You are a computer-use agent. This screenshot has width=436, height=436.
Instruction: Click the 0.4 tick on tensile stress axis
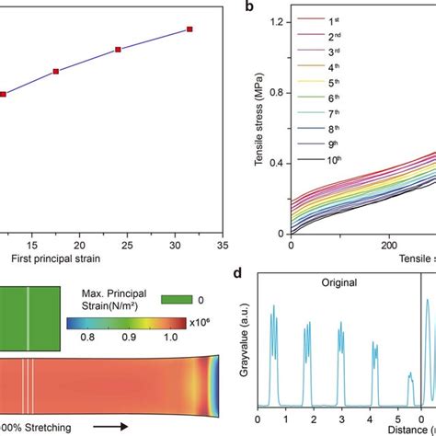click(277, 163)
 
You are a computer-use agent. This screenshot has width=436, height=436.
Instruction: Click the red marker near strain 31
click(189, 29)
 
